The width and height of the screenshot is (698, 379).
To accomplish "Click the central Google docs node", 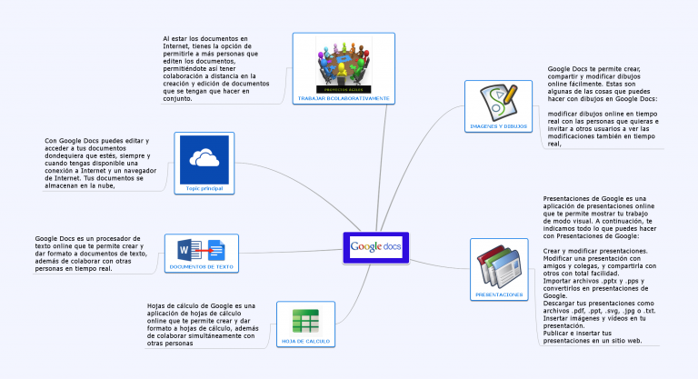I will coord(375,247).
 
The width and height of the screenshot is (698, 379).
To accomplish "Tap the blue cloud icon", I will coord(204,159).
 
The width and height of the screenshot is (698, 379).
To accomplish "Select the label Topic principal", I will coord(204,188).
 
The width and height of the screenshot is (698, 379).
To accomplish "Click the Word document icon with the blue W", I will coord(191,249).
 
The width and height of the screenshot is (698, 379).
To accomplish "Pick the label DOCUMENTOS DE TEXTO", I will coord(201,267).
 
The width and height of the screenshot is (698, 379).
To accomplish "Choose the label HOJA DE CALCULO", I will coord(304,341).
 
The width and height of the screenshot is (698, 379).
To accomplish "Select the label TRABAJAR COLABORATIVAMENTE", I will coord(344,97).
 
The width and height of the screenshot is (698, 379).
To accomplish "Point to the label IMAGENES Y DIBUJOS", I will coord(498,125).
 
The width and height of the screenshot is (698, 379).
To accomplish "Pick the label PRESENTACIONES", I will coord(499,295).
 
